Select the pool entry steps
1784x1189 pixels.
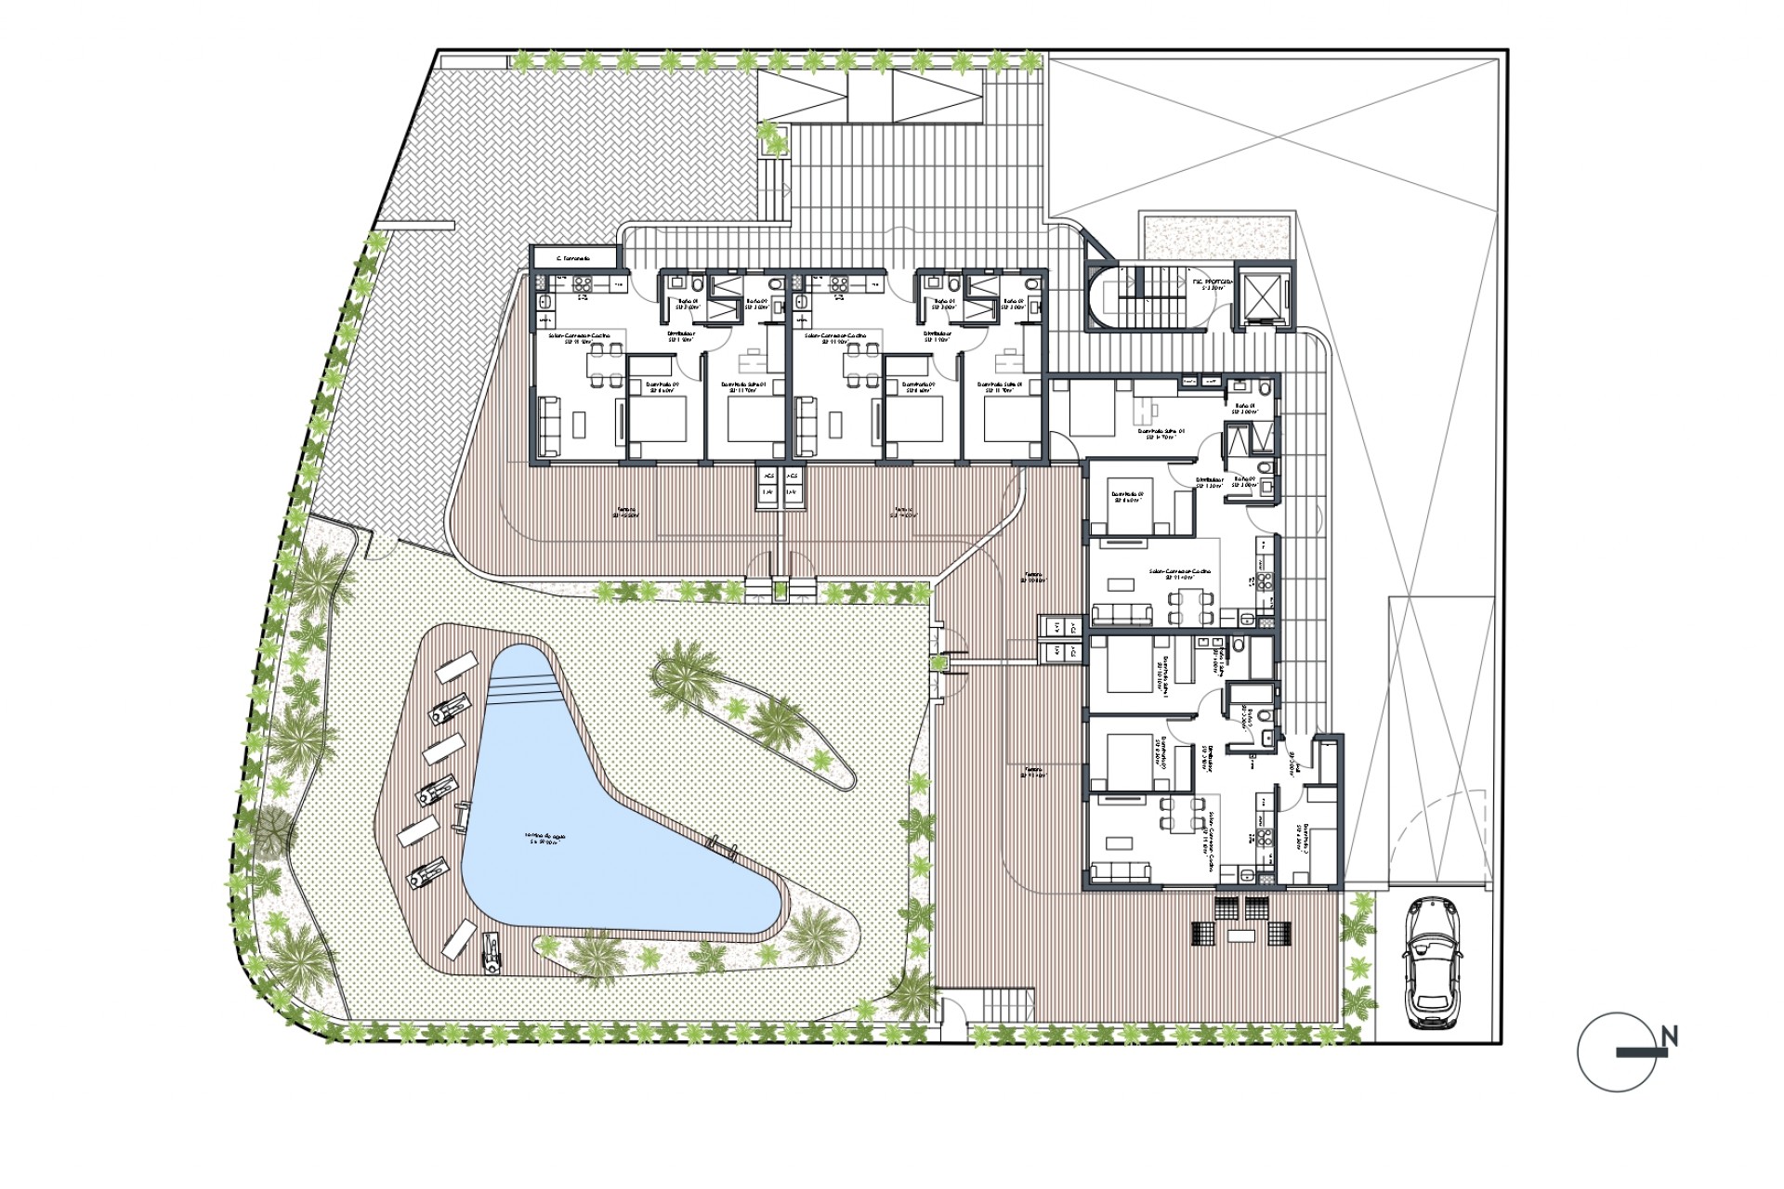tap(526, 688)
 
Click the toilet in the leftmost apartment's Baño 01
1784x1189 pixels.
tap(675, 281)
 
